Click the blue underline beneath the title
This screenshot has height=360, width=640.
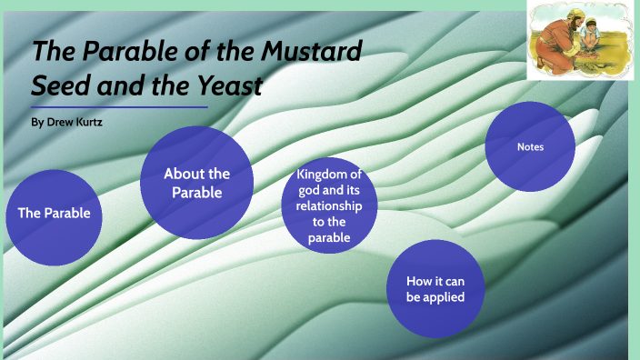[x=119, y=107]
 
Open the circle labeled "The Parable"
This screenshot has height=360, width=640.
[x=54, y=215]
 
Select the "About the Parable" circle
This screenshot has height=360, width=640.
[x=196, y=182]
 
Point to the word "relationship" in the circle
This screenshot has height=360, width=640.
[x=330, y=206]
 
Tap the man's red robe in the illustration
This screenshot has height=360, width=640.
[x=556, y=45]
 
